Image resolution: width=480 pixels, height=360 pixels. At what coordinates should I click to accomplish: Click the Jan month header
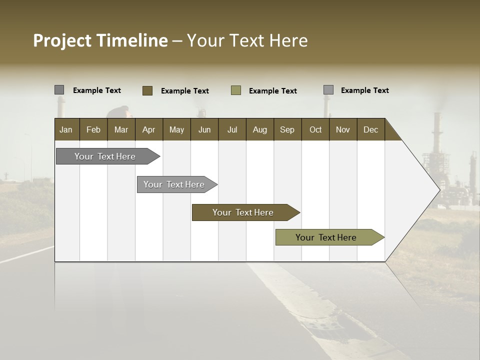coord(66,129)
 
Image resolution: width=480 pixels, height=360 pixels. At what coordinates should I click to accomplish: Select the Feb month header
coord(93,129)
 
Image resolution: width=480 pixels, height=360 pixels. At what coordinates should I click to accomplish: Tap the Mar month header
coord(121,129)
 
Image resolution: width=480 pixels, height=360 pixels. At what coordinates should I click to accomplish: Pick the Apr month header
coord(148,129)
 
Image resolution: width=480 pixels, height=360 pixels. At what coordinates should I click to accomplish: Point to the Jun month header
coord(204,129)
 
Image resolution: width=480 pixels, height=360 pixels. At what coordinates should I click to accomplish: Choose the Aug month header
coord(259,129)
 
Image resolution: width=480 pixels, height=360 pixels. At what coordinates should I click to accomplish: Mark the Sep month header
coord(287,129)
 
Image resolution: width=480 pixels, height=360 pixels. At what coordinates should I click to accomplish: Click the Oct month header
coord(315,129)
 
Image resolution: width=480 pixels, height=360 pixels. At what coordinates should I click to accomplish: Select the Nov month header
coord(343,129)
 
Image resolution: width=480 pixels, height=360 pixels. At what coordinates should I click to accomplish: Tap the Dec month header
coord(370,129)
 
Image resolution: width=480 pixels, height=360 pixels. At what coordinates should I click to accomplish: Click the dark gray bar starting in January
coord(105,156)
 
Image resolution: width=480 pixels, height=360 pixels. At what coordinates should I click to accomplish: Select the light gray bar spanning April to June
coord(174,184)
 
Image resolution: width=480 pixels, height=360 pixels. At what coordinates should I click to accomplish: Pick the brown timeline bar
coord(243,212)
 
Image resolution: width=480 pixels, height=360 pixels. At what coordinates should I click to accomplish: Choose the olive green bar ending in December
coord(326,237)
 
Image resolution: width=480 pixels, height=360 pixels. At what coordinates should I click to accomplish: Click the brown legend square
coord(147,90)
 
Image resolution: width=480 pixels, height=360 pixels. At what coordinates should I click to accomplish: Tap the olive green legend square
coord(236,90)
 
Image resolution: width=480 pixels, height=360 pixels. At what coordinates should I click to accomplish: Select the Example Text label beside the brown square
coord(185,91)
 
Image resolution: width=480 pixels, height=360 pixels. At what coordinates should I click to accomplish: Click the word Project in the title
coord(62,40)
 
